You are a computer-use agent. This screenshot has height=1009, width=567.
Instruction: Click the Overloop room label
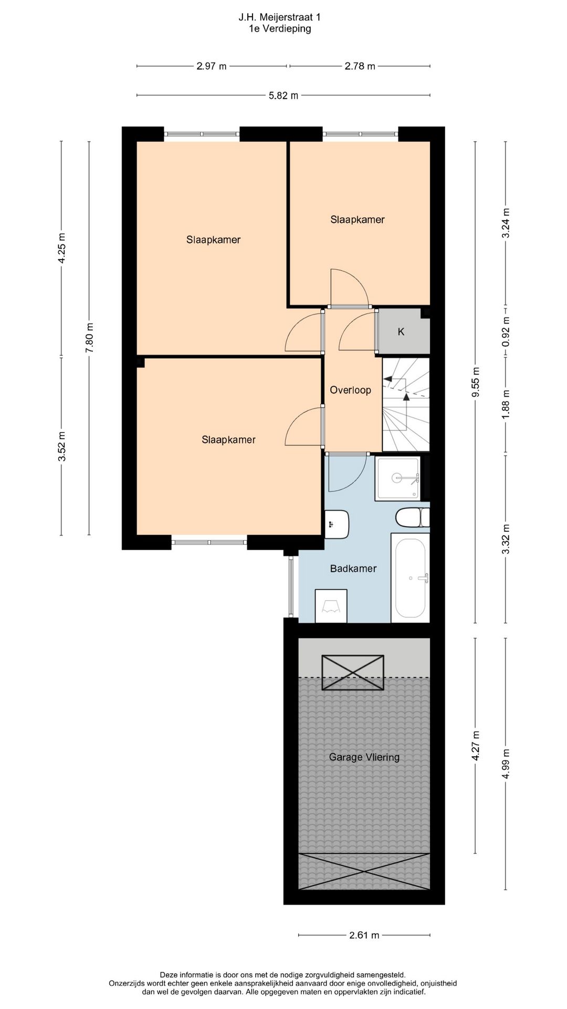coord(350,390)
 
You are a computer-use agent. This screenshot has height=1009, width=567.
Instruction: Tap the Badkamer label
coord(353,568)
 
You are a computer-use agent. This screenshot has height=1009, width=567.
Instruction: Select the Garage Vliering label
coord(364,757)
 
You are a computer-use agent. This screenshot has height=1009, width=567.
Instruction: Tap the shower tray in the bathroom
coord(398,478)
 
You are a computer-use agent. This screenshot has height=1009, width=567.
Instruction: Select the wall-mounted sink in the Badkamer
coord(337,524)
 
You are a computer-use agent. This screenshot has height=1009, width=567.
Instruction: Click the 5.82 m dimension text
coord(283,96)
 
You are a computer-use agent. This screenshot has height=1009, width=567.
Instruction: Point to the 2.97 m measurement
coord(212,66)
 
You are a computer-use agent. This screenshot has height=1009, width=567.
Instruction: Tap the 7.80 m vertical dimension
coord(89,338)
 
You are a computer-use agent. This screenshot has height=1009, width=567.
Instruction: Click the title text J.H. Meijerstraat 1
coord(280,17)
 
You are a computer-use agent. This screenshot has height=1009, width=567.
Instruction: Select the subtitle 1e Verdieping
coord(280,29)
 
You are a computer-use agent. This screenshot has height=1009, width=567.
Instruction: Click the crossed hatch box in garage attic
coord(353,672)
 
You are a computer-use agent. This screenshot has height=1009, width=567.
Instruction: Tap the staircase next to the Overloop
coord(406,405)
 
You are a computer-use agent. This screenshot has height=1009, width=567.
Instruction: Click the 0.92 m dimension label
coord(506,331)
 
